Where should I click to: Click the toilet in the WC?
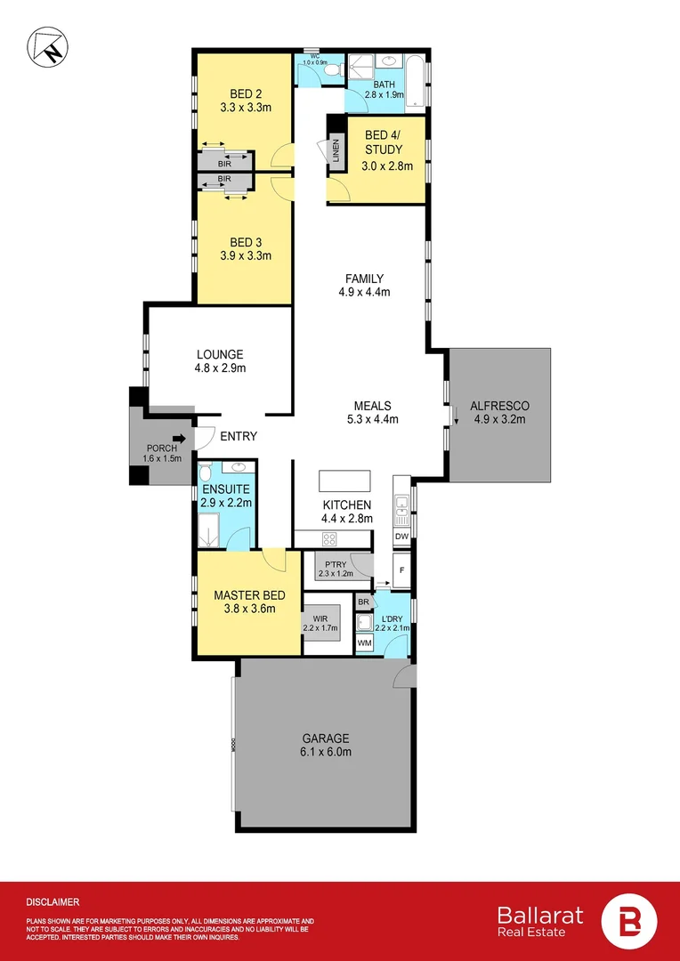point(329,69)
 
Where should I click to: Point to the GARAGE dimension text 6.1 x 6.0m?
point(325,752)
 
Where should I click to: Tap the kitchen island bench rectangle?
point(344,480)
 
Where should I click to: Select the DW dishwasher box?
point(401,537)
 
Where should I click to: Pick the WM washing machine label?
point(364,642)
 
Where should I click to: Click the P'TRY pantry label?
point(336,564)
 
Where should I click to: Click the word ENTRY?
point(238,436)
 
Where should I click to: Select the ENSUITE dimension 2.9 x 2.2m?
point(227,503)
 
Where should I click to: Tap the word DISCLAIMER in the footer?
point(53,901)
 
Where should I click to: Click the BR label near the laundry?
point(363,602)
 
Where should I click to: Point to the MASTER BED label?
point(249,595)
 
